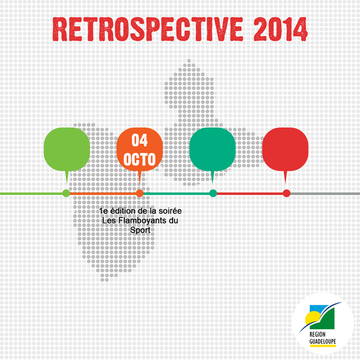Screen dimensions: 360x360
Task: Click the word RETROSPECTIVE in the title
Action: pos(148,29)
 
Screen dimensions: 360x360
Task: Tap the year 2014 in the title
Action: pos(281,29)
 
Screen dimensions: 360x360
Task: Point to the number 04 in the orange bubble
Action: pos(140,140)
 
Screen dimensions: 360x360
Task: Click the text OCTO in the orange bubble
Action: pos(140,159)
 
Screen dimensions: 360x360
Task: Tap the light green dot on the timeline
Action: pos(67,193)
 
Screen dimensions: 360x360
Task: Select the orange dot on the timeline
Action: pos(140,193)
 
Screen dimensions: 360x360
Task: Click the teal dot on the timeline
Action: pos(213,193)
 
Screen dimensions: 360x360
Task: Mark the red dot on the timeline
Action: pos(287,193)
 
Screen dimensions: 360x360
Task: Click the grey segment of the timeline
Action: pos(325,194)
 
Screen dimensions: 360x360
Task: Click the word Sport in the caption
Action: pos(140,230)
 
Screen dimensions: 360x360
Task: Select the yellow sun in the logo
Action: pos(311,318)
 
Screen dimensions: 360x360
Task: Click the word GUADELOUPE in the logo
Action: pos(323,341)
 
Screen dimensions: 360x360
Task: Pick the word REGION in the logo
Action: pos(317,334)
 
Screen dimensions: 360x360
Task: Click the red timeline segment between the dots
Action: pos(250,194)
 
